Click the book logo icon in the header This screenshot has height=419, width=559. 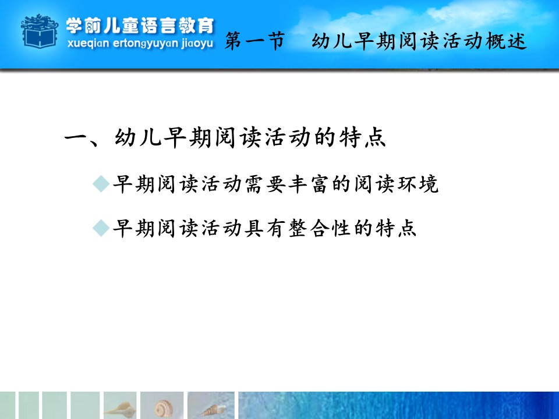[40, 31]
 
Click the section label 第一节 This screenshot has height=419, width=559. [255, 41]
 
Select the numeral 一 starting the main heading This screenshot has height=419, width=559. [76, 137]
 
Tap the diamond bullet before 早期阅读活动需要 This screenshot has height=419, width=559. [101, 184]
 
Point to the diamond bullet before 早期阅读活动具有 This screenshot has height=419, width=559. [101, 228]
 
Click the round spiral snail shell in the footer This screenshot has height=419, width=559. [163, 409]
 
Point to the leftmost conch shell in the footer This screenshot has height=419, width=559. [120, 409]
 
